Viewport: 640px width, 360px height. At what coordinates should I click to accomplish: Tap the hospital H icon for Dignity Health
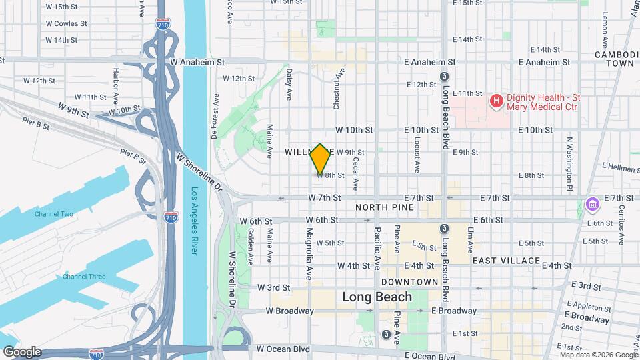click(496, 101)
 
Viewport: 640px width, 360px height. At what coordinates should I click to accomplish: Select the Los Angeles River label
click(195, 221)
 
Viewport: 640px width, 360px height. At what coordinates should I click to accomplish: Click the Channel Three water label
click(84, 277)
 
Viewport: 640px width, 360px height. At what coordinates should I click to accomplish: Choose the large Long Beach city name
click(377, 297)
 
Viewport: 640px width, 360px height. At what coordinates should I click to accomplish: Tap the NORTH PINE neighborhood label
click(384, 207)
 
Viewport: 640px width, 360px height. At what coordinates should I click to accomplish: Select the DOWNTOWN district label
click(411, 282)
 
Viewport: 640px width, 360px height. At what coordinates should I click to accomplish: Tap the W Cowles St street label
click(66, 23)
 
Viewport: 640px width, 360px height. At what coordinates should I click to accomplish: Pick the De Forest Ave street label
click(215, 115)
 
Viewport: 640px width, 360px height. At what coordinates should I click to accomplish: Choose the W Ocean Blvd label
click(283, 348)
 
